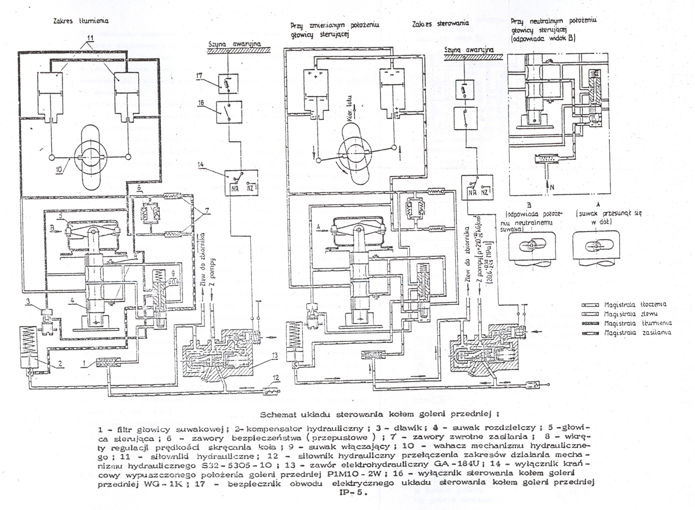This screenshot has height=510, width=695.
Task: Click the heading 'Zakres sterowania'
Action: pyautogui.click(x=441, y=25)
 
